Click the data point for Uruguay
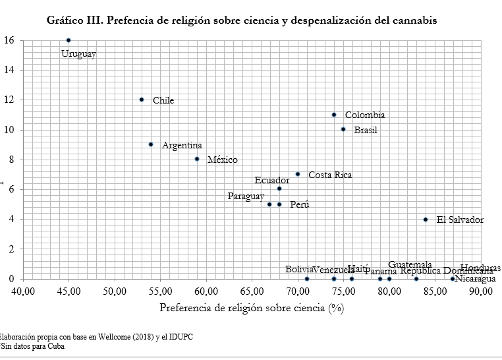(x=69, y=40)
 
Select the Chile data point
(x=142, y=100)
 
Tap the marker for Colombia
(x=334, y=115)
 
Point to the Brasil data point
(x=343, y=129)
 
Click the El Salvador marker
(x=426, y=219)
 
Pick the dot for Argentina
(x=151, y=144)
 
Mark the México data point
(x=197, y=159)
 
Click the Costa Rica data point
(x=298, y=174)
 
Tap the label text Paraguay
(x=246, y=196)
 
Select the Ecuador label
(x=271, y=180)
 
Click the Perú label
(x=300, y=205)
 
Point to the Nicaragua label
(x=476, y=279)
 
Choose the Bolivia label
(x=298, y=270)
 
